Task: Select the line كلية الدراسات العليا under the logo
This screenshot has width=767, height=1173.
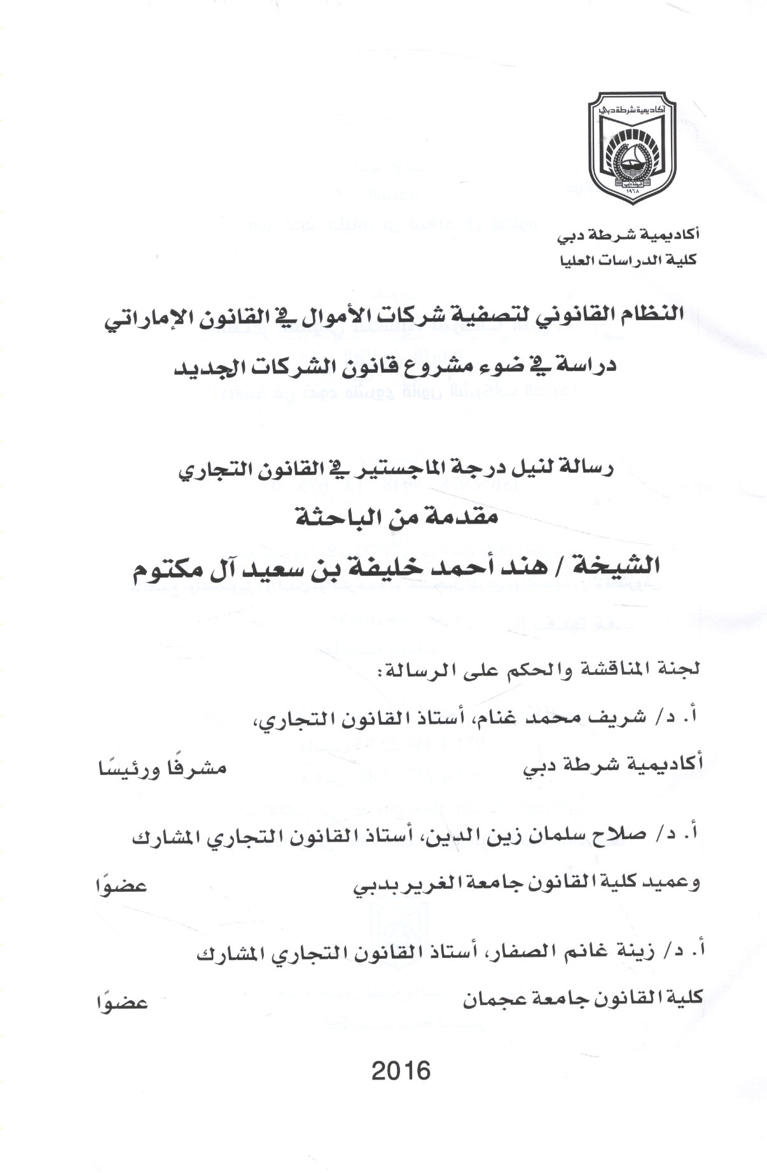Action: coord(627,260)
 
